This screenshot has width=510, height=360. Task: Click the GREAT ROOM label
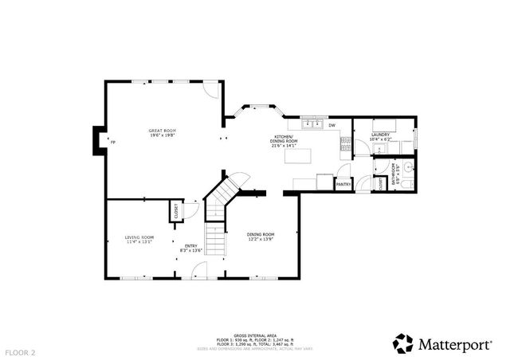(x=162, y=130)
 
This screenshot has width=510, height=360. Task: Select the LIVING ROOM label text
(x=139, y=237)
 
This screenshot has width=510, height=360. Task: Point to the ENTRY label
(x=191, y=245)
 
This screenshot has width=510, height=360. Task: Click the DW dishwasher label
(x=331, y=124)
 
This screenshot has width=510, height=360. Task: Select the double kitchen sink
(x=311, y=123)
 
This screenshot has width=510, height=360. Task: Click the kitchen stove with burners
(x=346, y=145)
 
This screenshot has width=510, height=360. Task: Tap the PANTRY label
(x=343, y=184)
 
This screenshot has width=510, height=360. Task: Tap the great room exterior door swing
(x=207, y=90)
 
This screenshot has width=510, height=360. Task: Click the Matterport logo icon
(x=404, y=343)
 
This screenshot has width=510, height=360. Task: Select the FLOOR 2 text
(x=21, y=351)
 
